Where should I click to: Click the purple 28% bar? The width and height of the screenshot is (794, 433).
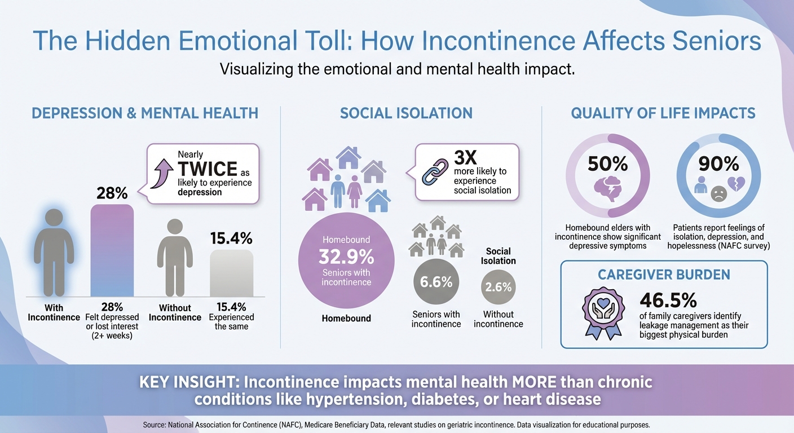(x=112, y=250)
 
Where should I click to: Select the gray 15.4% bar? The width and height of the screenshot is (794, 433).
(x=231, y=273)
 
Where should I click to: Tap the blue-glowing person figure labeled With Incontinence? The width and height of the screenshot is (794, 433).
(x=54, y=251)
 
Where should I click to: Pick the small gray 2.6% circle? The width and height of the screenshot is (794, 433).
(x=499, y=287)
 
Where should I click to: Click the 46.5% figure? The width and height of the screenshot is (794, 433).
(x=669, y=300)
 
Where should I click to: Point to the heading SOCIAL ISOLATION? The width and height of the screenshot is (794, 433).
(x=406, y=113)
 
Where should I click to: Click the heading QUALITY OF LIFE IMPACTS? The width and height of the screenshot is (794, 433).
(x=663, y=113)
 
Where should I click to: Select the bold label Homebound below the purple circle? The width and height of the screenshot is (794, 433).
(x=346, y=319)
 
